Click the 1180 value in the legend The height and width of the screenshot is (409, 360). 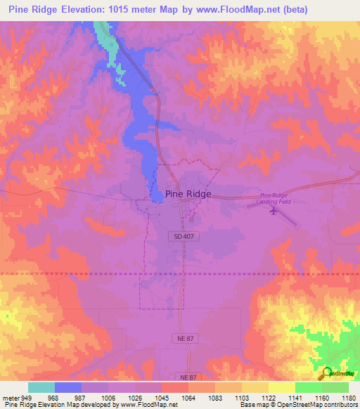[x=348, y=398]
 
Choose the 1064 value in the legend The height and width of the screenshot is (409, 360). [x=188, y=398]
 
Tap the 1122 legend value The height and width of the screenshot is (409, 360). [x=268, y=398]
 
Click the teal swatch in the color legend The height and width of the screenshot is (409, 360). [x=41, y=387]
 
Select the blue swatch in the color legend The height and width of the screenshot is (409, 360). [x=68, y=387]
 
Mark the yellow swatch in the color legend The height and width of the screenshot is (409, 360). [x=282, y=387]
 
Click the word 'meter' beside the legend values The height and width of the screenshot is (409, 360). [x=10, y=398]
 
